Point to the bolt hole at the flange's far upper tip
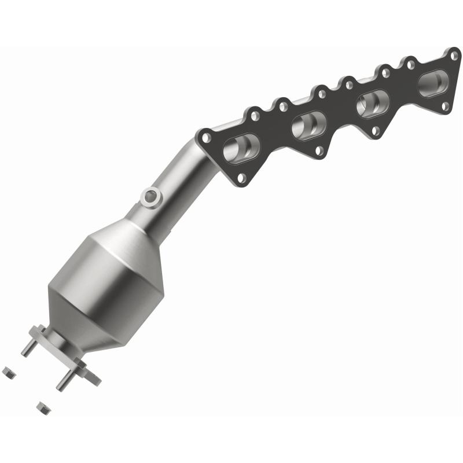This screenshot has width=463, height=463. click(454, 56)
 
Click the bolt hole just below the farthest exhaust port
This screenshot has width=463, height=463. click(444, 106)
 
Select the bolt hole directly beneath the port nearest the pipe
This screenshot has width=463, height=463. click(242, 178)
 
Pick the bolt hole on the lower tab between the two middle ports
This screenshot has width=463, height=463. click(319, 151)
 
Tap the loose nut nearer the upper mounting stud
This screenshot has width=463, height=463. click(9, 373)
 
